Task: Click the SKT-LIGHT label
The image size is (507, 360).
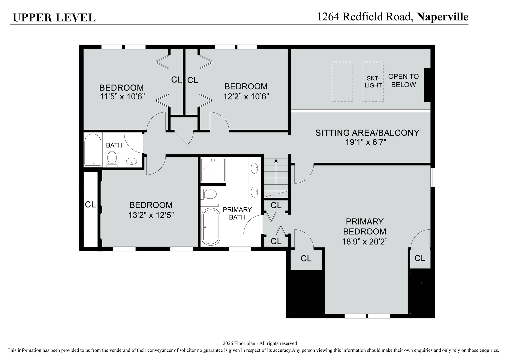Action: (x=373, y=82)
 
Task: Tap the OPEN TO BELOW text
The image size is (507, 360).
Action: (x=403, y=81)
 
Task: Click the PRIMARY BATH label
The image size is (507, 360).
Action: (x=237, y=213)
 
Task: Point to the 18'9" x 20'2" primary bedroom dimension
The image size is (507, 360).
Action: (x=365, y=242)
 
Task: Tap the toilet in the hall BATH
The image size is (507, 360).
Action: (x=112, y=158)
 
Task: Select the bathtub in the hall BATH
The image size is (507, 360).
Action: (x=93, y=150)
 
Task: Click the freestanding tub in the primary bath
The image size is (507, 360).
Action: (x=211, y=227)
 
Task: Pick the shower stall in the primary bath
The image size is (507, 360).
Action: (x=213, y=170)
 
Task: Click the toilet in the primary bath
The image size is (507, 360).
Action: (x=209, y=194)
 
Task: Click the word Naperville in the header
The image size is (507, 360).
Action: (x=442, y=17)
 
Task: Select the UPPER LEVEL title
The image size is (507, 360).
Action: (x=54, y=18)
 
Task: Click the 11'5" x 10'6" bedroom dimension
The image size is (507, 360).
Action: (x=122, y=97)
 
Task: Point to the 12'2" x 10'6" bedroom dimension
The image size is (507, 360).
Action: (x=246, y=96)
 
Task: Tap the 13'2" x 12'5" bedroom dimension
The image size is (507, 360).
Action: (x=151, y=215)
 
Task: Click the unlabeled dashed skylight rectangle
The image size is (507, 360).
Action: (x=342, y=82)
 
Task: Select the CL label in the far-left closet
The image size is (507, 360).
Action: (x=90, y=204)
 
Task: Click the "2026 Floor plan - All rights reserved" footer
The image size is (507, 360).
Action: (x=259, y=343)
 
